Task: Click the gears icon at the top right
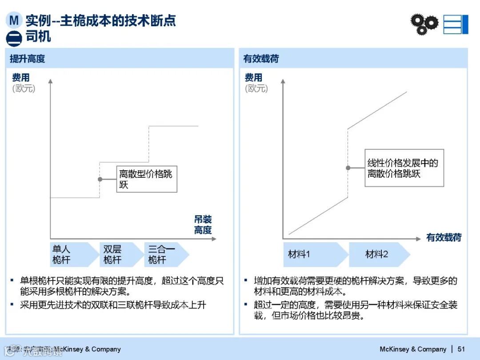click(x=424, y=24)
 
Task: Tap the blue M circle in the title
click(x=14, y=20)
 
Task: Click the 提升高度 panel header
click(x=28, y=59)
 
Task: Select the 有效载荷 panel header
click(x=261, y=59)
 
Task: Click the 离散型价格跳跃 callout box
click(x=147, y=179)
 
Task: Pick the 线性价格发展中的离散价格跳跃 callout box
click(x=404, y=168)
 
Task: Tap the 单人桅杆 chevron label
click(x=62, y=255)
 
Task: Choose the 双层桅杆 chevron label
click(x=113, y=255)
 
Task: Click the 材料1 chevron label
click(x=300, y=254)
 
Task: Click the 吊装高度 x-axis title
click(x=203, y=225)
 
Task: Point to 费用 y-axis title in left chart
click(x=21, y=78)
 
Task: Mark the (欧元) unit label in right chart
click(x=256, y=88)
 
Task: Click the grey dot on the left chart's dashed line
click(x=100, y=179)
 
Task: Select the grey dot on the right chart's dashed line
click(x=348, y=168)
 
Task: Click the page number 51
click(x=461, y=349)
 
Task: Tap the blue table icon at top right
click(x=456, y=24)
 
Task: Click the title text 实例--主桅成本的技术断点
click(x=101, y=20)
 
